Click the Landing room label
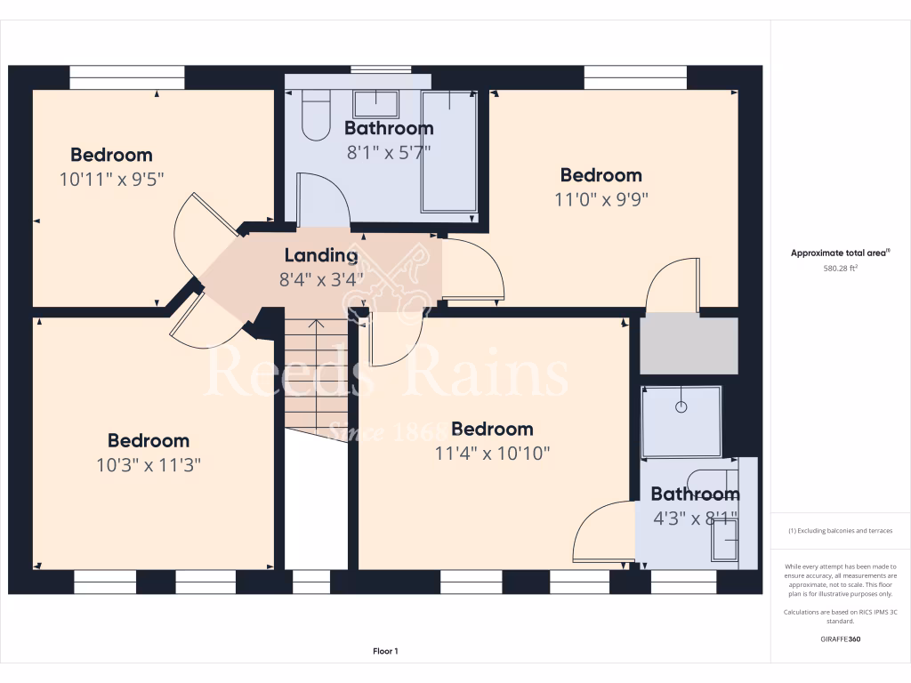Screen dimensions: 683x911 pos(320,256)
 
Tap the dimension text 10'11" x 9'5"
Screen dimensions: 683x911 pos(112,179)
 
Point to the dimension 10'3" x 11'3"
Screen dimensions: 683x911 pos(148,464)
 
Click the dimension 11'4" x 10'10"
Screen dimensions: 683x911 pos(492,454)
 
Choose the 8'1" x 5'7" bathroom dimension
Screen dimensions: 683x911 pos(389,152)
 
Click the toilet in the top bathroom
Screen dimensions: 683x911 pos(316,118)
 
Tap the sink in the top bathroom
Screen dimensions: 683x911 pos(377,100)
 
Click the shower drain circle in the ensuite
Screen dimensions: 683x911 pos(681,407)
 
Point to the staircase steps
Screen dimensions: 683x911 pos(316,378)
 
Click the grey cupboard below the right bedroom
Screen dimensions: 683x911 pos(689,345)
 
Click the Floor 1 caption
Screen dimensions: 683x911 pos(385,652)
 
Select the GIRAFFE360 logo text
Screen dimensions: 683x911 pos(841,639)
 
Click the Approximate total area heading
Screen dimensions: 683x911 pos(841,253)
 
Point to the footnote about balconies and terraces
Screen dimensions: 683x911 pos(841,531)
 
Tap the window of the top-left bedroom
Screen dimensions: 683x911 pos(126,77)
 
